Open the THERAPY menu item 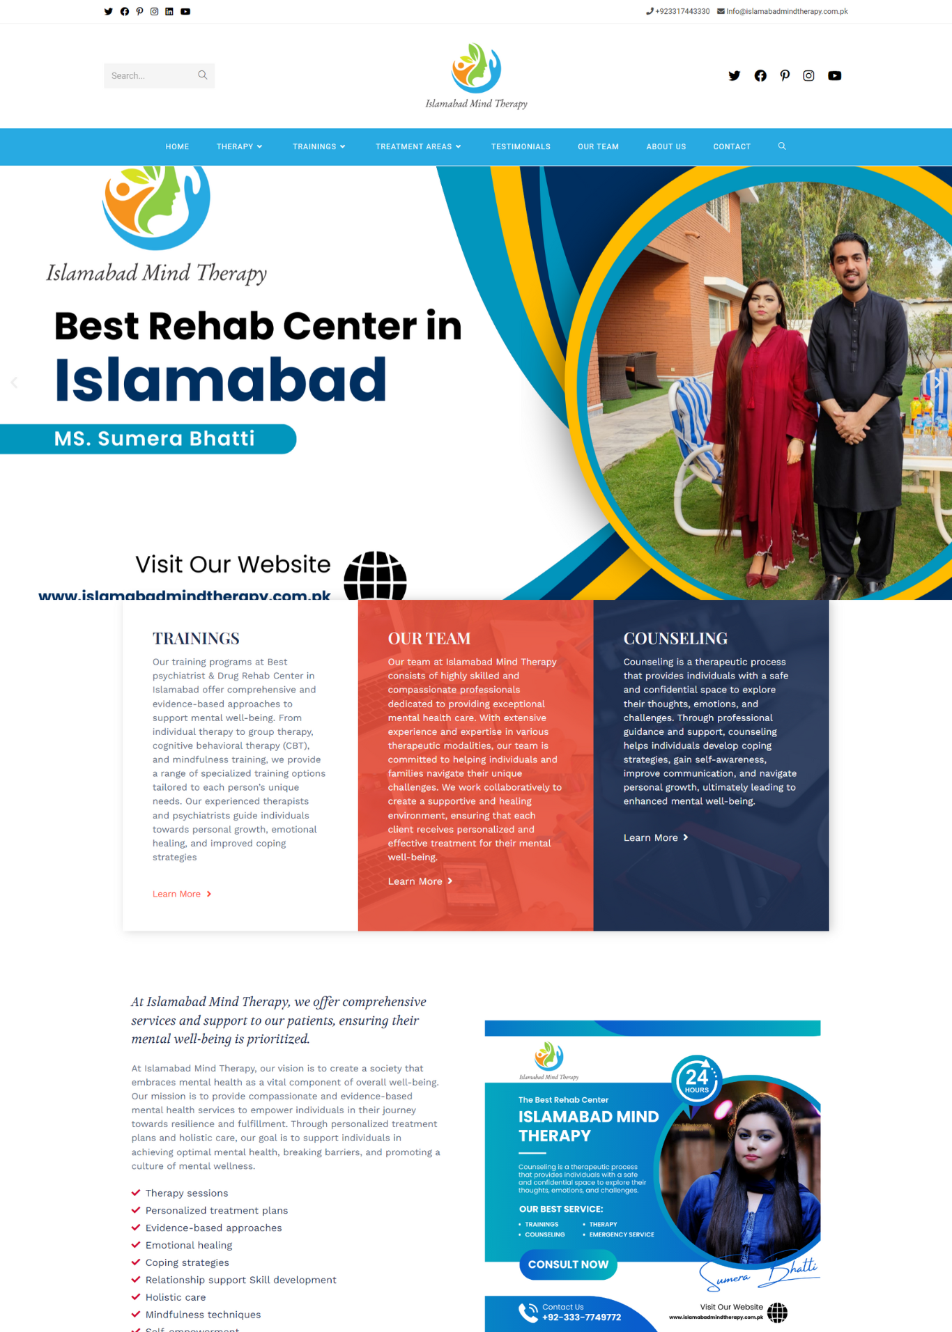[239, 147]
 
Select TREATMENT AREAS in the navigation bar [417, 147]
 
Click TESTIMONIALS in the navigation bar [521, 147]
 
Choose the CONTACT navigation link [731, 147]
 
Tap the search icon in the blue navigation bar [782, 146]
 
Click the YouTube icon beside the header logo [834, 76]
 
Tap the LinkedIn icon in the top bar [169, 12]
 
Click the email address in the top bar [786, 12]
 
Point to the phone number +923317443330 [682, 12]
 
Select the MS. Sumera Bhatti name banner [155, 439]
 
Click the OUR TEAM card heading [429, 638]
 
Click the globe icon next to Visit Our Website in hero [375, 576]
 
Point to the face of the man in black [850, 263]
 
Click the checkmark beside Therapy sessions [136, 1193]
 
